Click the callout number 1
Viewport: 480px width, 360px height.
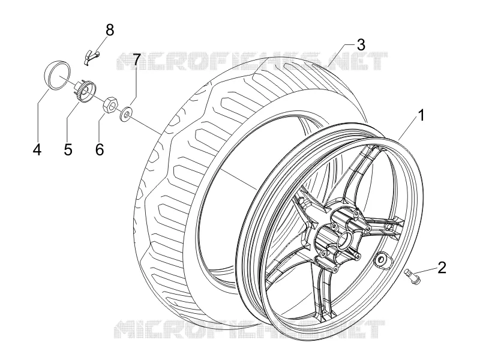(421, 116)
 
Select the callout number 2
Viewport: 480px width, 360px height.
(442, 267)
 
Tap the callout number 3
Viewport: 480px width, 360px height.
(361, 44)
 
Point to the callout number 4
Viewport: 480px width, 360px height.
(37, 149)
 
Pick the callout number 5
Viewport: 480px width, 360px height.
(68, 149)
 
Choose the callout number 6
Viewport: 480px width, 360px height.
(100, 149)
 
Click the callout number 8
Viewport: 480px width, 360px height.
(110, 31)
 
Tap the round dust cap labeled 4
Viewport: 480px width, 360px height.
(58, 75)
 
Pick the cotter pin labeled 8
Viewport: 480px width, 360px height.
(91, 56)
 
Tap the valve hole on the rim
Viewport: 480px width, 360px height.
(382, 259)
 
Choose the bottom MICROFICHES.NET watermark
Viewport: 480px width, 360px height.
(249, 329)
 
